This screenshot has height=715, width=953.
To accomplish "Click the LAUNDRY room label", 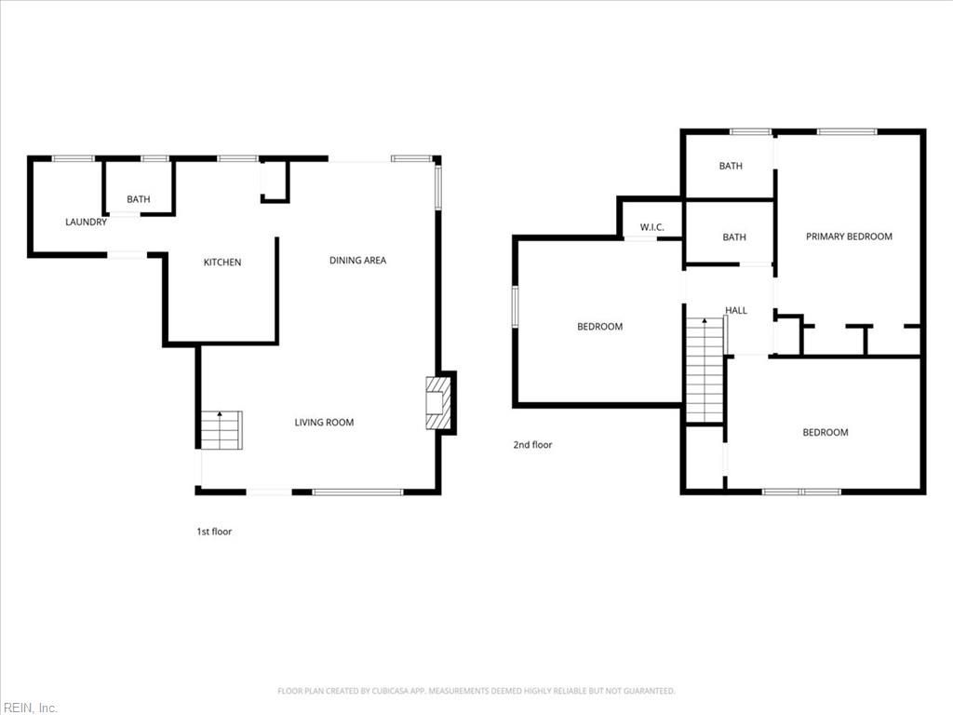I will pyautogui.click(x=86, y=222).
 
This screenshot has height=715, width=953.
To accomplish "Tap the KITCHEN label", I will pyautogui.click(x=222, y=263).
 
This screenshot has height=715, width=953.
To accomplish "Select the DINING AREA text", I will pyautogui.click(x=357, y=261).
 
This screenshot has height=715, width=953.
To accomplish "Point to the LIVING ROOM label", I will pyautogui.click(x=324, y=423).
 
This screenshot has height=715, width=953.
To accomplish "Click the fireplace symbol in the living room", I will pyautogui.click(x=438, y=402).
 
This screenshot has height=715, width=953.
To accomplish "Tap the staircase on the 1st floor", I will pyautogui.click(x=221, y=430).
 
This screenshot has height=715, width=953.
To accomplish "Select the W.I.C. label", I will pyautogui.click(x=651, y=227).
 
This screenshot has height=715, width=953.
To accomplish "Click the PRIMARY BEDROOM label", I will pyautogui.click(x=849, y=236).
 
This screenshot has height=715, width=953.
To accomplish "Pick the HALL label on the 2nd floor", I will pyautogui.click(x=736, y=311).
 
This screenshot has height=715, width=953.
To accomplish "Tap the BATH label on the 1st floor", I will pyautogui.click(x=139, y=199).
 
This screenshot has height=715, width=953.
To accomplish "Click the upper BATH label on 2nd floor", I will pyautogui.click(x=731, y=167).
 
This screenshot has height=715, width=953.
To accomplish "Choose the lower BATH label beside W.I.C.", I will pyautogui.click(x=734, y=237).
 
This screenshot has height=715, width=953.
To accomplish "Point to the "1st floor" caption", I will pyautogui.click(x=214, y=532).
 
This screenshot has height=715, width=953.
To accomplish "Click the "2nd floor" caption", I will pyautogui.click(x=532, y=445).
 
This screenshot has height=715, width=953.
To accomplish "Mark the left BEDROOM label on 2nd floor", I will pyautogui.click(x=599, y=327).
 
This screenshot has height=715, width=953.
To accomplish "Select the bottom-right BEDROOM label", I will pyautogui.click(x=825, y=433).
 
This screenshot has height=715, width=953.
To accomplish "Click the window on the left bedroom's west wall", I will pyautogui.click(x=515, y=307).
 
